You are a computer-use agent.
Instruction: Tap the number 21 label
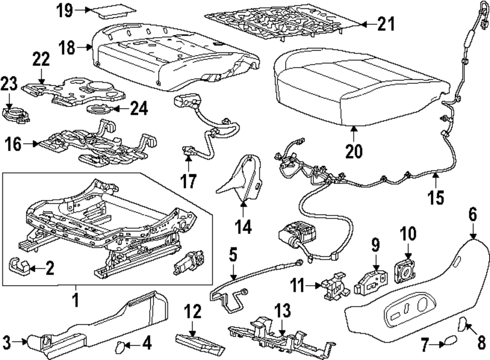coord(385,24)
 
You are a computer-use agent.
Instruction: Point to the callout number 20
coord(353,151)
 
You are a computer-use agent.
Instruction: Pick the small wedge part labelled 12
coord(197,339)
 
